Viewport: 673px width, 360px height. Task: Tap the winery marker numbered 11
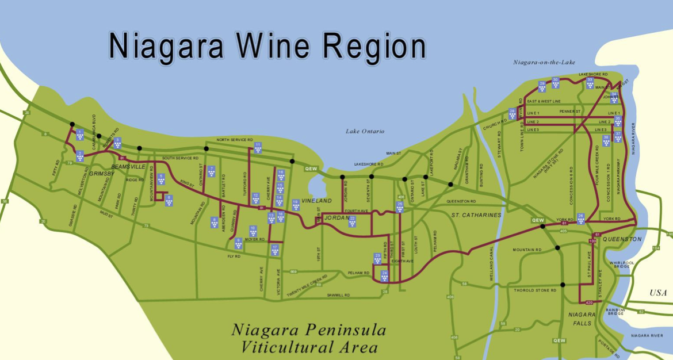click(x=258, y=148)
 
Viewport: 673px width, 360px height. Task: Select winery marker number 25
click(x=400, y=207)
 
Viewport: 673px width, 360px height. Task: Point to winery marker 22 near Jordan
click(x=352, y=221)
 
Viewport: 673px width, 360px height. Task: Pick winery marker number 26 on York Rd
click(x=581, y=219)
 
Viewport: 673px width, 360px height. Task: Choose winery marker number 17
click(x=275, y=250)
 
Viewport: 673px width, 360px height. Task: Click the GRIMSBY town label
click(x=101, y=173)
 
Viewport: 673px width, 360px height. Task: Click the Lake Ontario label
click(x=365, y=132)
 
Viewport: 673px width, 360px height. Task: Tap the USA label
click(x=658, y=293)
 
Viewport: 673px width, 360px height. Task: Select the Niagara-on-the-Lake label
click(x=544, y=62)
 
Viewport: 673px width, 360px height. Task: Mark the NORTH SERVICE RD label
click(x=234, y=140)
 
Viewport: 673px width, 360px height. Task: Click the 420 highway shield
click(x=588, y=302)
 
